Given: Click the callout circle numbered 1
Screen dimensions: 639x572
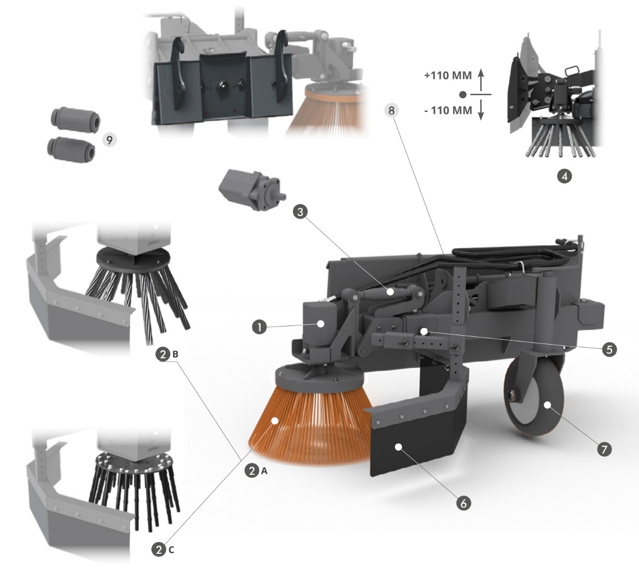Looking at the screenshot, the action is [259, 328].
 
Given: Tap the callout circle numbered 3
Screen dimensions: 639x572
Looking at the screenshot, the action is [300, 212].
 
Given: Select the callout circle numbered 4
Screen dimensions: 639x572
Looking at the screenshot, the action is [564, 176].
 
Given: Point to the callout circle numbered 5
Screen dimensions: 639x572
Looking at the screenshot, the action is [609, 349].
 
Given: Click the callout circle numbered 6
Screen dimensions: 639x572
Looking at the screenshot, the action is [463, 503].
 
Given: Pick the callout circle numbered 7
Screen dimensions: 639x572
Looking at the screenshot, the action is [604, 450].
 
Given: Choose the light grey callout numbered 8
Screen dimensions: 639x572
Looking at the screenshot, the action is [391, 110].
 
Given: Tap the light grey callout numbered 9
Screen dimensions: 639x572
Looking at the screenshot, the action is [109, 140].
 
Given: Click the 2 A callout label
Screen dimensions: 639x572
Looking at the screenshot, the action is [256, 471].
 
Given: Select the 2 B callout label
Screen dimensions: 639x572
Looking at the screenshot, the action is [168, 354].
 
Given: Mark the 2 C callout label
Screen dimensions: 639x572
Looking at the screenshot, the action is [163, 550].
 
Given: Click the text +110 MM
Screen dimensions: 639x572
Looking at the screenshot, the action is [448, 76].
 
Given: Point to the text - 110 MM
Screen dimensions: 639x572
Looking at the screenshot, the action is [448, 110].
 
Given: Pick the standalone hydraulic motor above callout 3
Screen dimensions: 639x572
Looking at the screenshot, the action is [252, 189].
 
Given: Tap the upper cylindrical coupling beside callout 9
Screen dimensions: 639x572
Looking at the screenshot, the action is [75, 119].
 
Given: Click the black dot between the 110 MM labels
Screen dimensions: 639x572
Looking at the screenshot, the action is [463, 94].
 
